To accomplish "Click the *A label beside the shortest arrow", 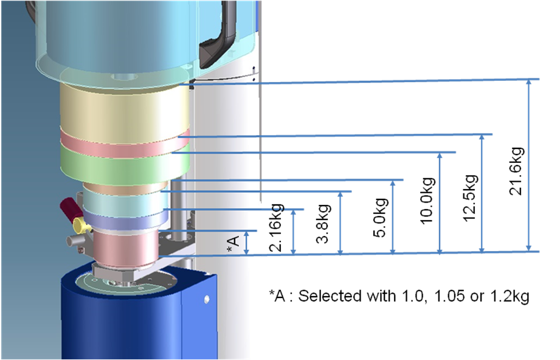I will coord(232,243).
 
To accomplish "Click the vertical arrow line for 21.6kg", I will coord(528,165).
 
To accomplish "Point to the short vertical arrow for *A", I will coord(246,242).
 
